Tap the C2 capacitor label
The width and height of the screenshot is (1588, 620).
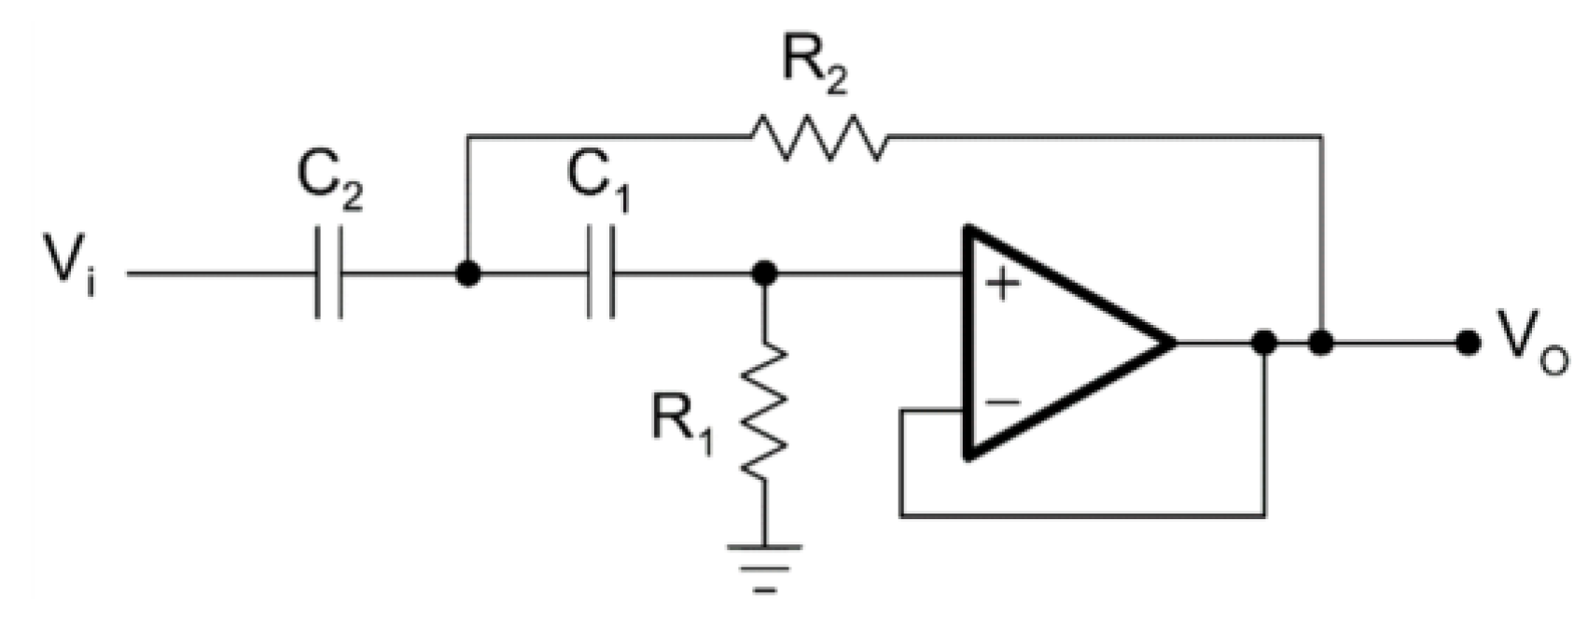329,183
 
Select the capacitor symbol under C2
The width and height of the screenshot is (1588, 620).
328,274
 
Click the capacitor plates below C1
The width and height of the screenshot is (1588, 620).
602,274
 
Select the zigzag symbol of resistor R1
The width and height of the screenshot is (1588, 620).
764,411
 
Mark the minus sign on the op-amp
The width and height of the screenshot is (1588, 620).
1002,402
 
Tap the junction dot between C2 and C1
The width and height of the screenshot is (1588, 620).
467,274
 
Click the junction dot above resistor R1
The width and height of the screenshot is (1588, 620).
764,274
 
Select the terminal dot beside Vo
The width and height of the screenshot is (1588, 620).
1468,343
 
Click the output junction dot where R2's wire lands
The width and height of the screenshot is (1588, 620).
1320,343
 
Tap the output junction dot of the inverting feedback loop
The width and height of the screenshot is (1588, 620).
1264,343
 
